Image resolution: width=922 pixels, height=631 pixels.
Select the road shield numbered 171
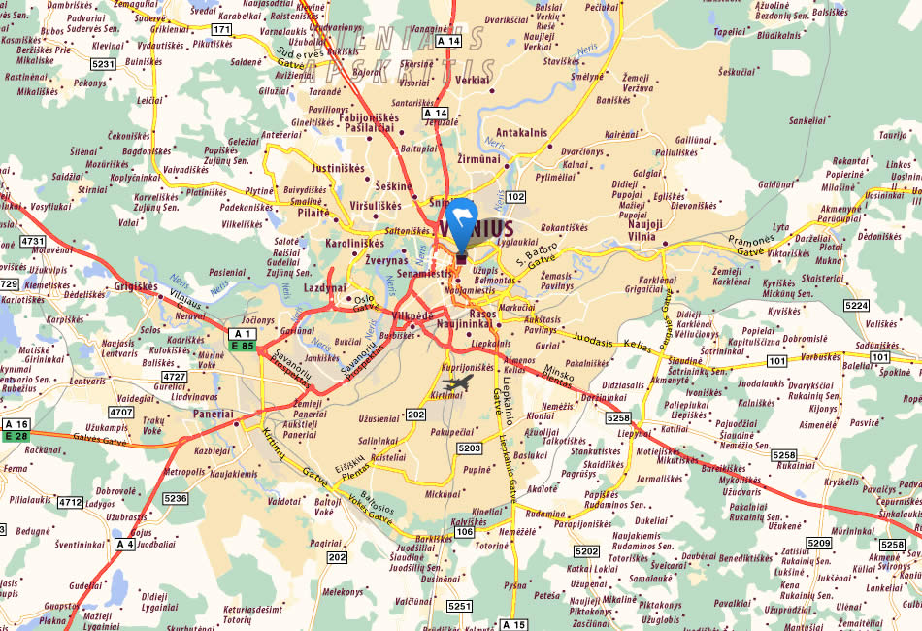[x=222, y=30]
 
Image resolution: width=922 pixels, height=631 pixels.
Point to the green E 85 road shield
[x=242, y=345]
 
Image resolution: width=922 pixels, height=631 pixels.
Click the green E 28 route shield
[x=16, y=436]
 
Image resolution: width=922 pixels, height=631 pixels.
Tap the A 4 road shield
[x=125, y=544]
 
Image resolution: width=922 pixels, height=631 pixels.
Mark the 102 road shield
[x=515, y=197]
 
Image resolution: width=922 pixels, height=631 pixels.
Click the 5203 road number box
[x=470, y=448]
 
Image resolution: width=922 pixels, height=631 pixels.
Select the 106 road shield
[x=464, y=531]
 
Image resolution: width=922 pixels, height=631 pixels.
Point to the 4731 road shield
[x=33, y=241]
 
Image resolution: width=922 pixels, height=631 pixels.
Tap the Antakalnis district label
[x=522, y=133]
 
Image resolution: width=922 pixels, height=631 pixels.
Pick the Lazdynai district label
[x=324, y=288]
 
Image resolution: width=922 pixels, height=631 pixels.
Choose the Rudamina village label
[x=544, y=514]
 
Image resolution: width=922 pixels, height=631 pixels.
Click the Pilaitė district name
[x=313, y=212]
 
